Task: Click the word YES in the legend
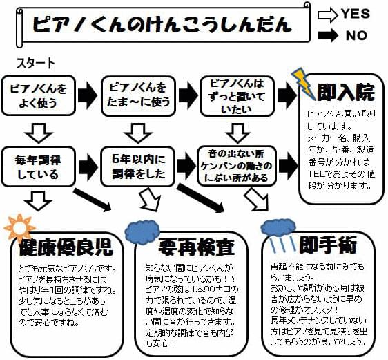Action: [355, 14]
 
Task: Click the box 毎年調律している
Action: [38, 165]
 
